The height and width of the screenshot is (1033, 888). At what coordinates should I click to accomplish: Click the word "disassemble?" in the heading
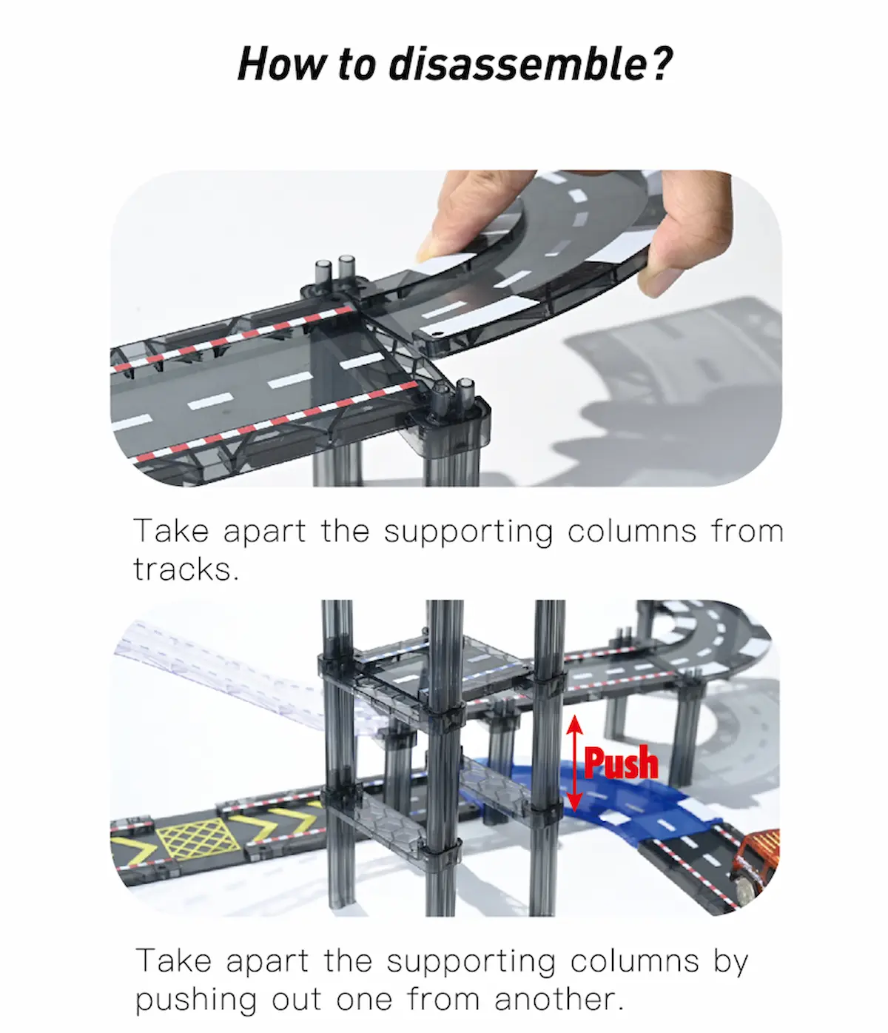tap(531, 64)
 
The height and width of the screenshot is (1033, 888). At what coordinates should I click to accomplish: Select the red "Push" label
tap(621, 762)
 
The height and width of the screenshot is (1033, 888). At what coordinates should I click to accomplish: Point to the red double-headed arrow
tap(575, 763)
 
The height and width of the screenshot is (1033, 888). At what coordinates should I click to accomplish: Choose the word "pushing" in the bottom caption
tap(196, 1000)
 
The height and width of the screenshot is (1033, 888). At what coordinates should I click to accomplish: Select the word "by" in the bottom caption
tap(731, 962)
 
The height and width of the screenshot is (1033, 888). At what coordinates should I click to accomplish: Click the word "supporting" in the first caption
tap(468, 532)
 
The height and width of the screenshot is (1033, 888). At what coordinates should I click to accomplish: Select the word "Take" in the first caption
tap(170, 531)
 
